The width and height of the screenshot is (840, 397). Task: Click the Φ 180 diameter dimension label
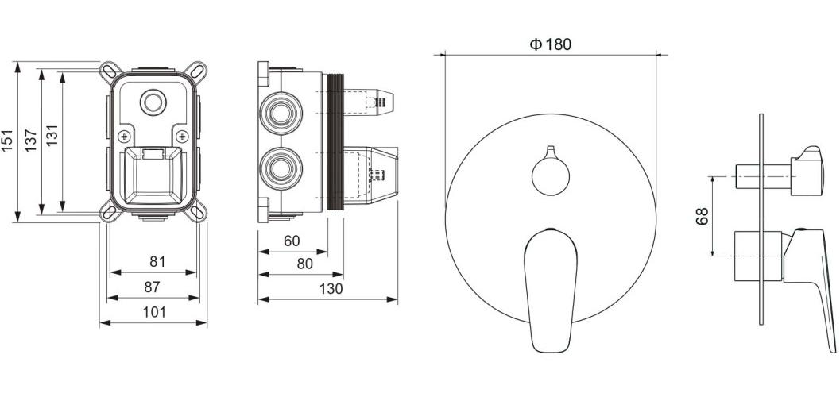coord(551,44)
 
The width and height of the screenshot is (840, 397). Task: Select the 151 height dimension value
coord(7,141)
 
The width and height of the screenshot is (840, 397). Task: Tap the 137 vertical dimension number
coord(31,141)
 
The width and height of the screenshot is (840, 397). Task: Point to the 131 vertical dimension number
coord(52,135)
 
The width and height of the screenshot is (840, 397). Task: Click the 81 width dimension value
coord(157,262)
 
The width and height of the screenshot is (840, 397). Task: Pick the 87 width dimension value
coord(152,287)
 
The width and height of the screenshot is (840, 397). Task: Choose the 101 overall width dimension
coord(154,312)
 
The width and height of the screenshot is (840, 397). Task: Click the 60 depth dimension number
coord(292,241)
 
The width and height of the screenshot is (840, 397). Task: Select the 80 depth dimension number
coord(304,264)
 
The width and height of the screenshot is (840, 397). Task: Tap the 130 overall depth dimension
coord(331,289)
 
